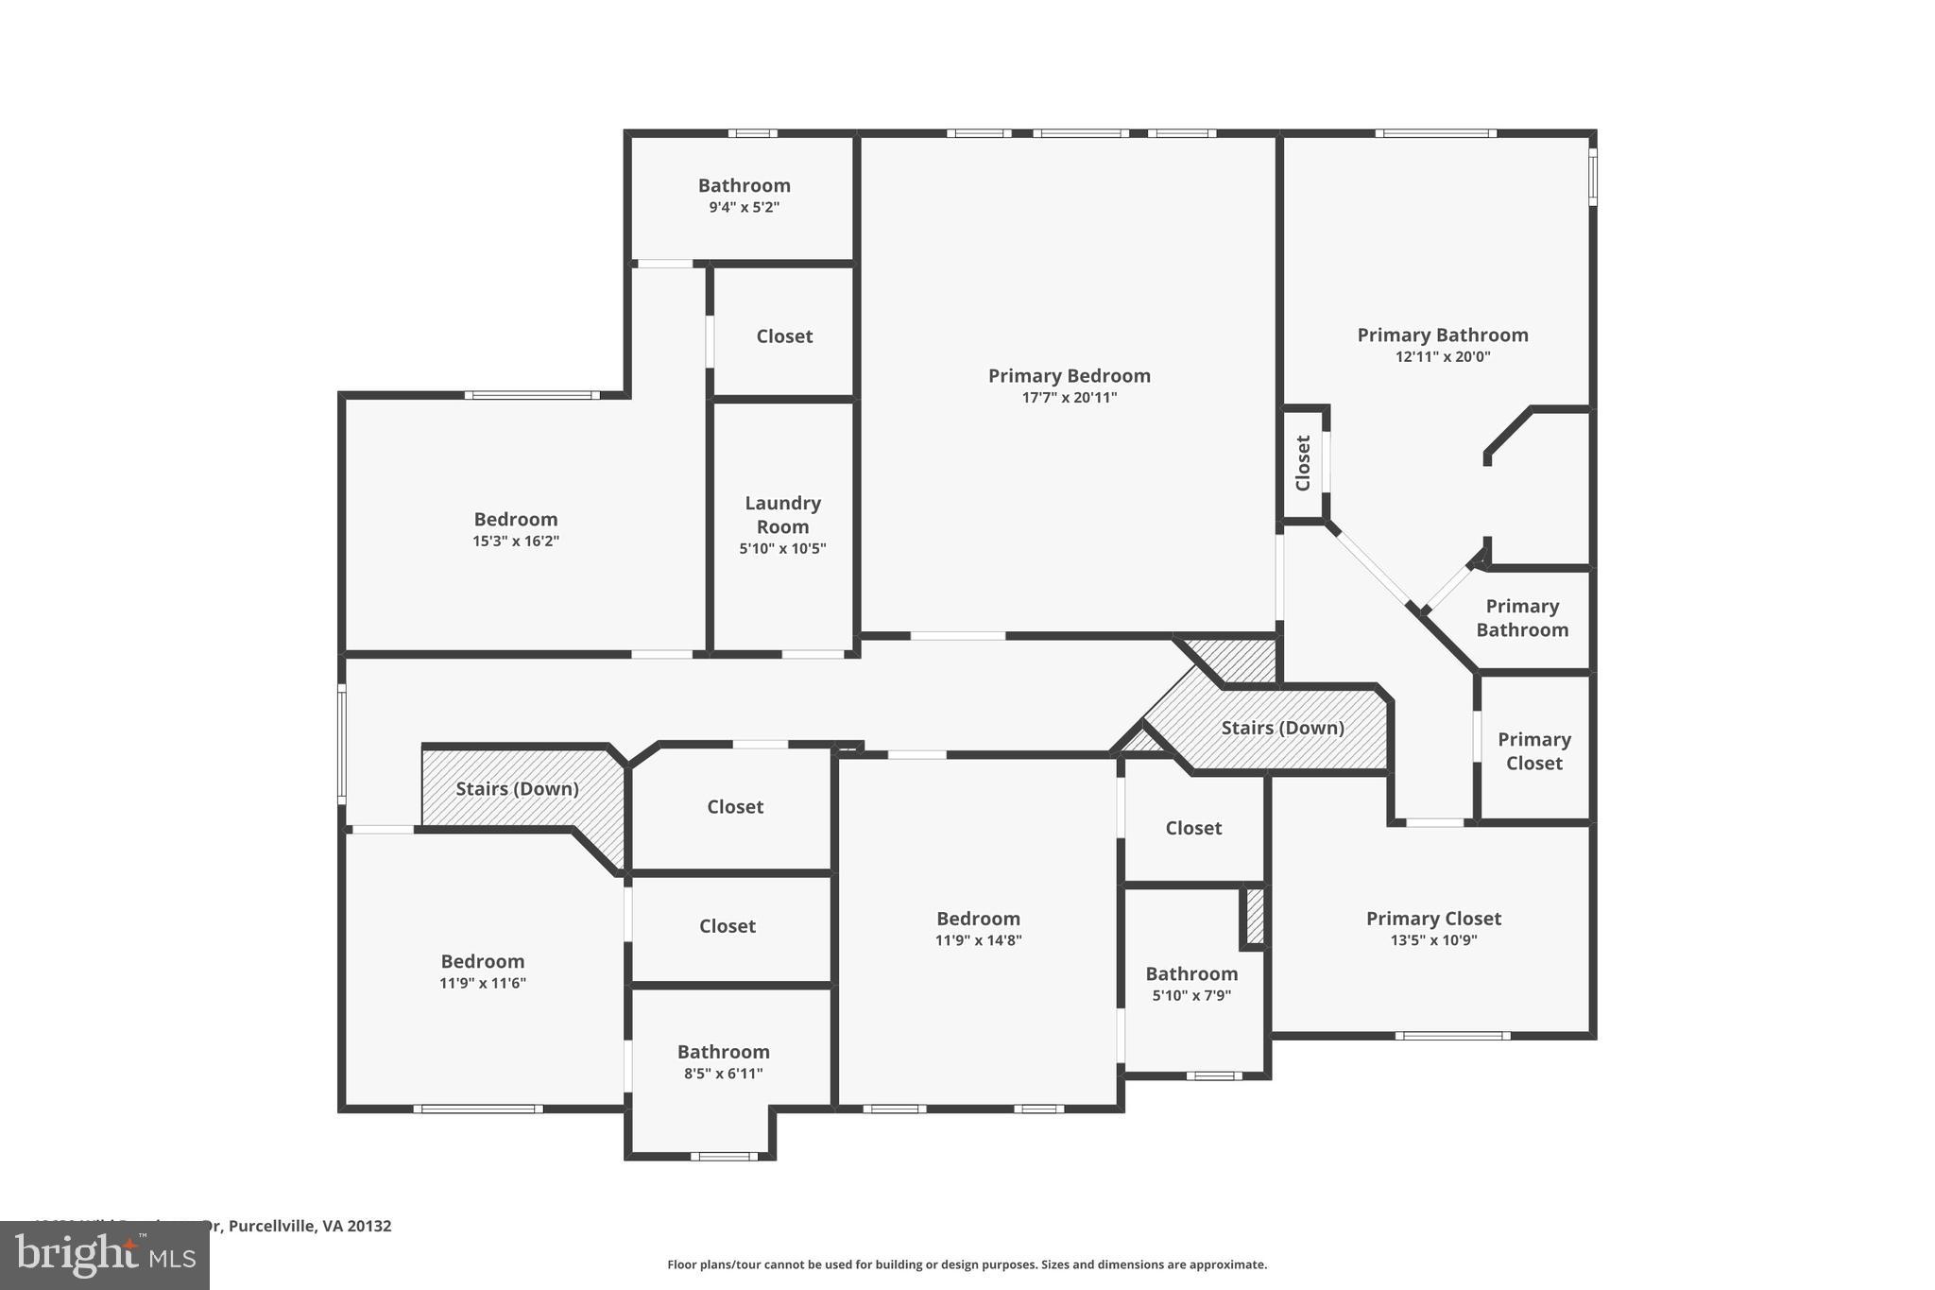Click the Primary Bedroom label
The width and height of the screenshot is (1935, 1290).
(x=1069, y=375)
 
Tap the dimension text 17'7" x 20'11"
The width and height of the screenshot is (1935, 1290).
(x=1069, y=398)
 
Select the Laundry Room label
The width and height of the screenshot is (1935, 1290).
(x=782, y=514)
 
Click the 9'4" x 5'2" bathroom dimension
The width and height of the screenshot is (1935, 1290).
(x=744, y=207)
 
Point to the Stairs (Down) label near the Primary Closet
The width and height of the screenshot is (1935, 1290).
(x=1282, y=728)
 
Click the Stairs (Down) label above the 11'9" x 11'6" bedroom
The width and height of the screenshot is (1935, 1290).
(x=517, y=788)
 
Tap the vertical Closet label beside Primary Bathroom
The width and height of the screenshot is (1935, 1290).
(x=1303, y=463)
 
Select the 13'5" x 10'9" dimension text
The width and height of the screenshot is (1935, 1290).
(x=1433, y=940)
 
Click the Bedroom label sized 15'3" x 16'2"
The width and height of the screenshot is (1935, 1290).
(x=516, y=519)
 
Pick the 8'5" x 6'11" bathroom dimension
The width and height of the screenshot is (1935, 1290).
(x=723, y=1074)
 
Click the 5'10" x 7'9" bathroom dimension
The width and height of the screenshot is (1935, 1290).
(x=1191, y=995)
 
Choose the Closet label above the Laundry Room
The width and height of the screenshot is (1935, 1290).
(x=784, y=336)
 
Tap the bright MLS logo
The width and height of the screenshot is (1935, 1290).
(x=105, y=1255)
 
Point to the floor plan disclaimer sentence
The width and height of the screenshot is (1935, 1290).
(x=967, y=1264)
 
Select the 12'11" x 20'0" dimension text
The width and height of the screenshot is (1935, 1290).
(x=1442, y=357)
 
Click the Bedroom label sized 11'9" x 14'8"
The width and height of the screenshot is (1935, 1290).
(x=978, y=919)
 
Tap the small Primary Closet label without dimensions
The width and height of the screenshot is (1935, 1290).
(x=1533, y=751)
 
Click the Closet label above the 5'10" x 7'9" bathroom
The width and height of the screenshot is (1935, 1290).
(x=1193, y=828)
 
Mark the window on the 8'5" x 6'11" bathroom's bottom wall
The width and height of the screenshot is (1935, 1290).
(x=723, y=1156)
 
